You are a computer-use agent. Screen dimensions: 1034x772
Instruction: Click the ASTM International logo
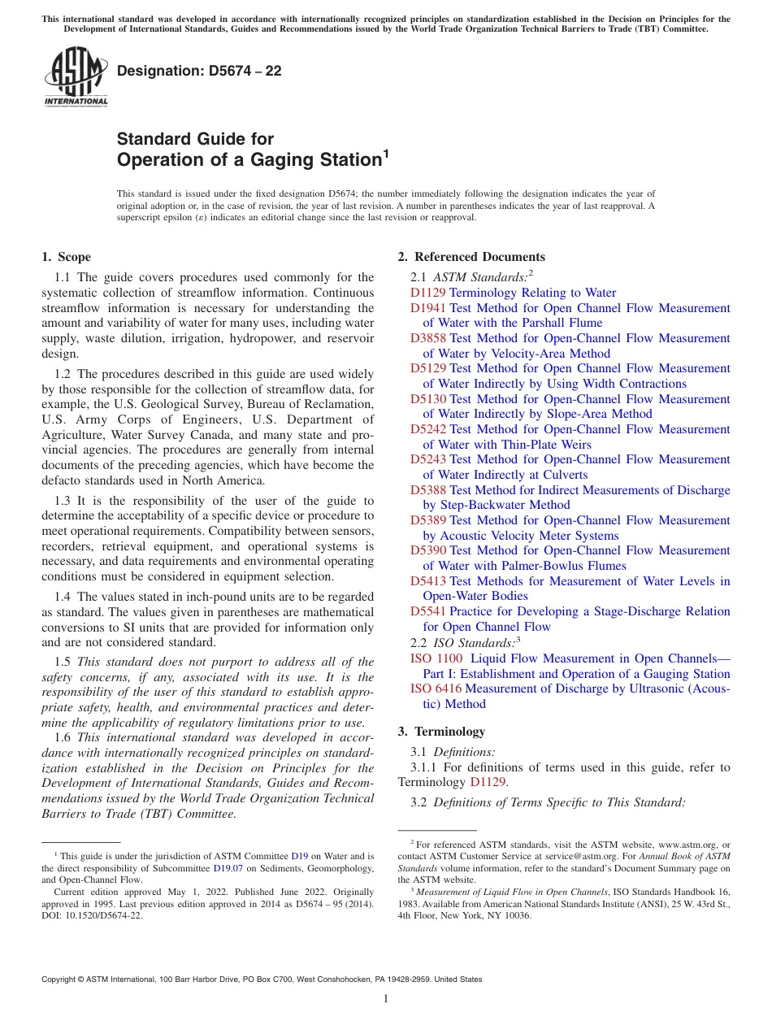pos(75,78)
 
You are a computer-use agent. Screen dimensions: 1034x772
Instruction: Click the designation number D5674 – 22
pos(199,71)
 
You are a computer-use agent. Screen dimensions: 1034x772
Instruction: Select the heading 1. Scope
pos(66,257)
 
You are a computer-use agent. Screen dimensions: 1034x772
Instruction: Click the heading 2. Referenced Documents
pos(471,257)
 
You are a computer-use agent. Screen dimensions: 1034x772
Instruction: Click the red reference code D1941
pos(428,308)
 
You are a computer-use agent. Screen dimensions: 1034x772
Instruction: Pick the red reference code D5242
pos(428,429)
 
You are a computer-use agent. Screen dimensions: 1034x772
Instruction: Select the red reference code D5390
pos(428,550)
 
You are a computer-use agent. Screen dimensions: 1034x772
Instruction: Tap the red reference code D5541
pos(428,611)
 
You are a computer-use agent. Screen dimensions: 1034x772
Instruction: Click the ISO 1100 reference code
pos(436,658)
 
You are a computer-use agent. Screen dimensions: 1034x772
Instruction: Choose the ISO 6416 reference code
pos(436,689)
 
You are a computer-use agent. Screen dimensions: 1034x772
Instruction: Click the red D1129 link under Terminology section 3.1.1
pos(488,782)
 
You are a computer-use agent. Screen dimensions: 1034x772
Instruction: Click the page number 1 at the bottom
pos(386,999)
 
